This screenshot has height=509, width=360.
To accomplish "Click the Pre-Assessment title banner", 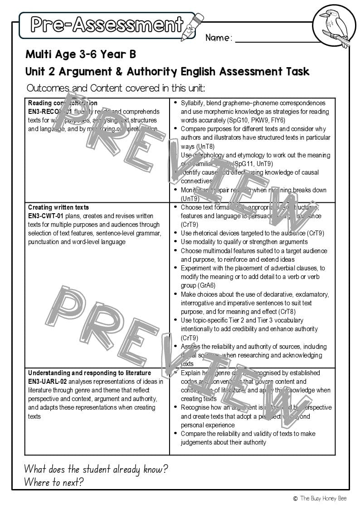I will tap(107, 25).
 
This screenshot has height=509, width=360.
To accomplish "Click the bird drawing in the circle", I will tap(334, 26).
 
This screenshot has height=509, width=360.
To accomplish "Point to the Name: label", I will tap(219, 38).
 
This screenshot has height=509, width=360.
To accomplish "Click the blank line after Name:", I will tap(277, 40).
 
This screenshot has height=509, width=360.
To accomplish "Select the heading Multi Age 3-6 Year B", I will tap(81, 54).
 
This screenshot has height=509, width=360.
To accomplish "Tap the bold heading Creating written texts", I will tap(58, 207).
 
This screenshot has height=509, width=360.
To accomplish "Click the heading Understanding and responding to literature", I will tap(89, 373).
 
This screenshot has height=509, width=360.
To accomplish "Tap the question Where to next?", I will tap(54, 482).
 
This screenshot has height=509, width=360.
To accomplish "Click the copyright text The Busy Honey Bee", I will tap(323, 498).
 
